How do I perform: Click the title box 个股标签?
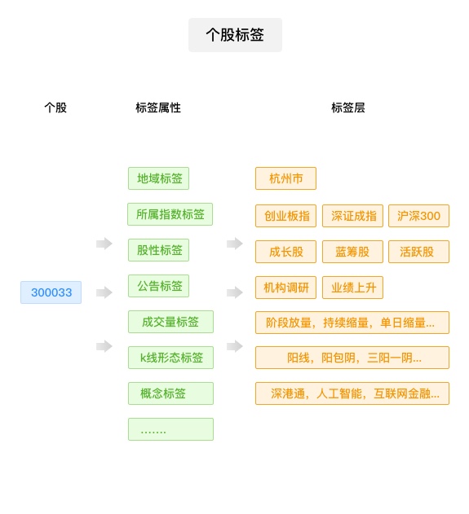[235, 35]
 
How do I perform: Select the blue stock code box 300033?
[51, 292]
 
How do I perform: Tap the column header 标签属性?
[158, 108]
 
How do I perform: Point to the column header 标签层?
[348, 108]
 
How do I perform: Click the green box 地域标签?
[158, 178]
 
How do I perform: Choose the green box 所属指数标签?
[170, 214]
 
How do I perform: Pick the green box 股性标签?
[158, 250]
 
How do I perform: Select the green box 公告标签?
[158, 286]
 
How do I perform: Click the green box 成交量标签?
[170, 322]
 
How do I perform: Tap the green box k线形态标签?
[170, 358]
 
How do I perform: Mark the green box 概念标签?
[170, 393]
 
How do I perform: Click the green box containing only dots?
[170, 429]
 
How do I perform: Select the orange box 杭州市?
[285, 178]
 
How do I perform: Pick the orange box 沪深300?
[418, 216]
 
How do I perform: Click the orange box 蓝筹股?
[352, 252]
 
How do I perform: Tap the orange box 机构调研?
[285, 288]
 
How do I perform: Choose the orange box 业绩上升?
[352, 288]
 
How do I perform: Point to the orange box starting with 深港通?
[352, 393]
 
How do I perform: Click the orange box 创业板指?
[285, 216]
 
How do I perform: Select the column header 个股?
[55, 108]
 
